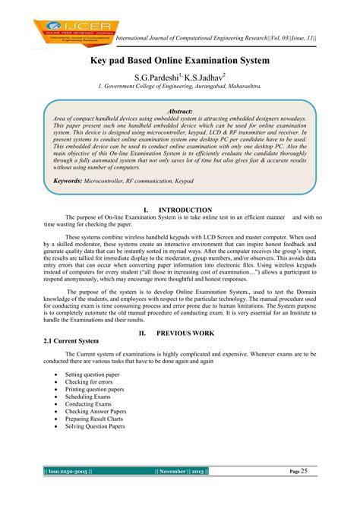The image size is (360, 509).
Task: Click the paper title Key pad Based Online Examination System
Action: coord(180,58)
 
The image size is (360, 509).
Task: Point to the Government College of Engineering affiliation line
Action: coord(179,87)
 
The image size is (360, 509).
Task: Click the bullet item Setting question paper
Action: coord(93,375)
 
